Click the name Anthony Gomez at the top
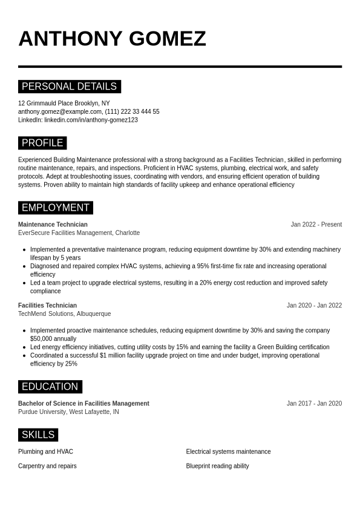pos(112,39)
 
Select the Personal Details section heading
pos(70,87)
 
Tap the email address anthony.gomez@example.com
pos(60,111)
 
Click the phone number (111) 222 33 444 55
pos(133,111)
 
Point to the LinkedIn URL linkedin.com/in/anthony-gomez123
pos(91,120)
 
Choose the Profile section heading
pos(42,143)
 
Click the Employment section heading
pos(56,208)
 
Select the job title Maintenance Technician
pos(53,225)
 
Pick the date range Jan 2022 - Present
pos(316,225)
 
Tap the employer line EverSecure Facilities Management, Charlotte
pos(79,233)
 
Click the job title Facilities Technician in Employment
pos(47,306)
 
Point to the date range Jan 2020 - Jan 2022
pos(314,306)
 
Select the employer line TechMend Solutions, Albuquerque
pos(64,314)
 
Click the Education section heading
pos(50,387)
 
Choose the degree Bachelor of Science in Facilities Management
pos(83,404)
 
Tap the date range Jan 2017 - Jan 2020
pos(314,404)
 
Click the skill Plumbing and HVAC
pos(45,452)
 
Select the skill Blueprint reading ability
pos(217,466)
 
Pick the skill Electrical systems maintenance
pos(228,452)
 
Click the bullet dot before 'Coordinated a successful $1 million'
pos(24,356)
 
